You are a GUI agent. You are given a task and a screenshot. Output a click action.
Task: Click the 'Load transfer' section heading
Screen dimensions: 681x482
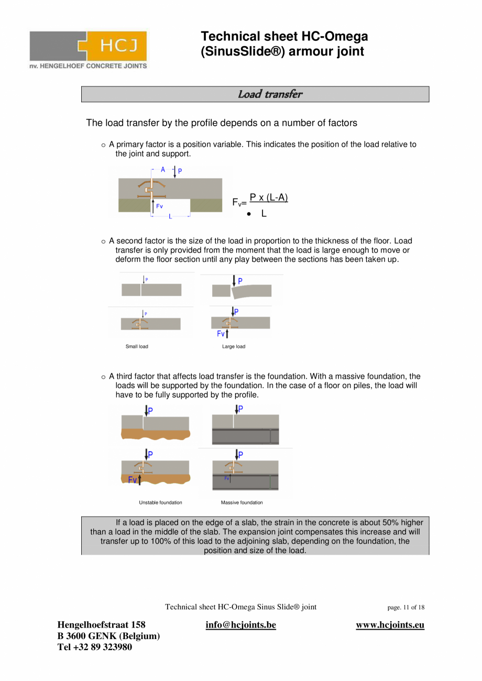click(x=270, y=94)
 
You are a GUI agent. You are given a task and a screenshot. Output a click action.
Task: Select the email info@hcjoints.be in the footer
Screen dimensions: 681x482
click(x=240, y=625)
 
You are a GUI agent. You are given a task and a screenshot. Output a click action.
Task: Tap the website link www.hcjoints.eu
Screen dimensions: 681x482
click(x=390, y=625)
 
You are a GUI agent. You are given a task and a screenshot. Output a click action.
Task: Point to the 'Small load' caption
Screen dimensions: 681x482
click(x=137, y=347)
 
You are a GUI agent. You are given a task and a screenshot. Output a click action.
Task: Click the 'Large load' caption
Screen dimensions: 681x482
click(x=234, y=347)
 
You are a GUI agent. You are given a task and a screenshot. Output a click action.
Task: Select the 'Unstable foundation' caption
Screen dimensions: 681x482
click(x=160, y=503)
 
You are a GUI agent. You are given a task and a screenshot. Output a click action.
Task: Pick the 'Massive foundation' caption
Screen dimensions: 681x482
click(x=242, y=503)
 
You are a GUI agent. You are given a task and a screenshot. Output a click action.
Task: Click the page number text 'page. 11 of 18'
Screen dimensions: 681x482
click(x=406, y=608)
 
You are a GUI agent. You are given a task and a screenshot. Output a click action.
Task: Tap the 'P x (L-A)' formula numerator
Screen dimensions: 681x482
click(x=269, y=197)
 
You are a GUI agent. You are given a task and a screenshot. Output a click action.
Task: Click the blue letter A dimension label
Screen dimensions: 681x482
click(x=163, y=170)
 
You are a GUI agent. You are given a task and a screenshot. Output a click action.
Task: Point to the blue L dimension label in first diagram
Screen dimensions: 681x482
click(x=170, y=216)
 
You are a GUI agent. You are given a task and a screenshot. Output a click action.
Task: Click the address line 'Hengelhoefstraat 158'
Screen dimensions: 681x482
click(x=101, y=625)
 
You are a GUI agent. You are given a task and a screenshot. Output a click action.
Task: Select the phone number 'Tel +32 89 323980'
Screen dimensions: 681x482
click(x=95, y=647)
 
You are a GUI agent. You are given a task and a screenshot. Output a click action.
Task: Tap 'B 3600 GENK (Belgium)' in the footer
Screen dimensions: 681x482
click(x=108, y=636)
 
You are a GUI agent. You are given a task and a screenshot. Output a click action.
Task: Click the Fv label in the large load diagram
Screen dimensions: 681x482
click(x=221, y=334)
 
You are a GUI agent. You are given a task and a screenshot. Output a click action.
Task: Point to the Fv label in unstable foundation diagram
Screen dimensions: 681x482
click(x=133, y=480)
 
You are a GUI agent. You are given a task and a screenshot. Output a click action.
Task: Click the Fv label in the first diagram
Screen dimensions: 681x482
click(x=159, y=206)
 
